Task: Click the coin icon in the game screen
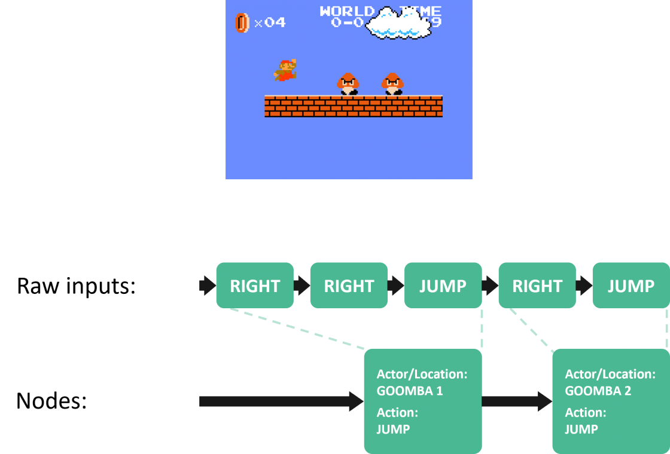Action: [x=242, y=23]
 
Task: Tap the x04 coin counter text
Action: [x=270, y=23]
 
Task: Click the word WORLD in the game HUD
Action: [x=347, y=11]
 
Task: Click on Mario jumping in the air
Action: [x=285, y=70]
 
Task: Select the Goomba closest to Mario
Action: [x=348, y=84]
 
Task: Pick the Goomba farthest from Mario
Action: [x=392, y=84]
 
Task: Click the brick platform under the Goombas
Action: [x=353, y=106]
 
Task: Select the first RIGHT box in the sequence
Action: [x=255, y=286]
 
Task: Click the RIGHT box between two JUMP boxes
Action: [x=537, y=286]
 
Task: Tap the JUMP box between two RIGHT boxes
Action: [x=443, y=286]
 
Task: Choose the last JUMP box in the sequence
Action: [x=631, y=286]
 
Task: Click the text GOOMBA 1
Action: [x=410, y=391]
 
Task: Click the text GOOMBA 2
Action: [x=598, y=391]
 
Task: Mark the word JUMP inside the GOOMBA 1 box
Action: [x=393, y=429]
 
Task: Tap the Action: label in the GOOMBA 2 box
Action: [x=586, y=413]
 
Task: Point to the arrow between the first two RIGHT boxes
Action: [x=301, y=286]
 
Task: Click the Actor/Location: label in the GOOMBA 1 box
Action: [x=422, y=375]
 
